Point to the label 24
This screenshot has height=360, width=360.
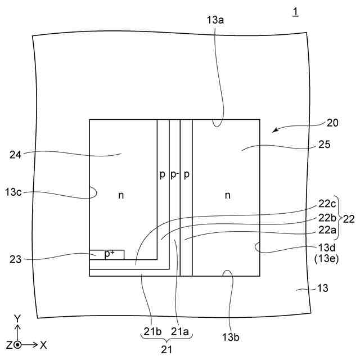[x=17, y=152]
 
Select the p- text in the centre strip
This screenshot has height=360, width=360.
[x=174, y=175]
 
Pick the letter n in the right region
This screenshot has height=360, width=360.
[x=228, y=195]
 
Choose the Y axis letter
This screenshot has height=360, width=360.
[x=17, y=319]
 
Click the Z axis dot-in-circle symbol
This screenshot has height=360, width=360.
[x=18, y=344]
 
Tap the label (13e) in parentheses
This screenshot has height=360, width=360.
[x=323, y=258]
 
